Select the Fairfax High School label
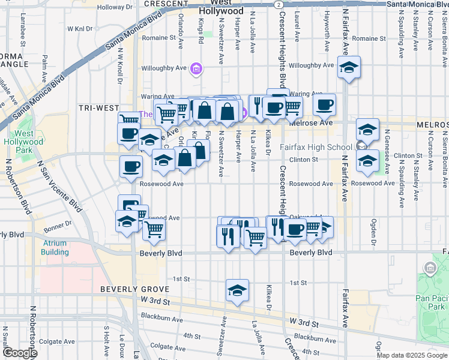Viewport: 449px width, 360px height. (316, 147)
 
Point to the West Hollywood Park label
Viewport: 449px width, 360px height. (24, 142)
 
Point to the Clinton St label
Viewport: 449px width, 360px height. (303, 160)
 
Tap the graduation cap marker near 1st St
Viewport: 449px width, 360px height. (238, 290)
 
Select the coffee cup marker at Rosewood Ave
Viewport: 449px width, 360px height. (130, 167)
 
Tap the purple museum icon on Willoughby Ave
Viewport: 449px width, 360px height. (196, 70)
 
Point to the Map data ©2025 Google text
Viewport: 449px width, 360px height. (411, 355)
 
